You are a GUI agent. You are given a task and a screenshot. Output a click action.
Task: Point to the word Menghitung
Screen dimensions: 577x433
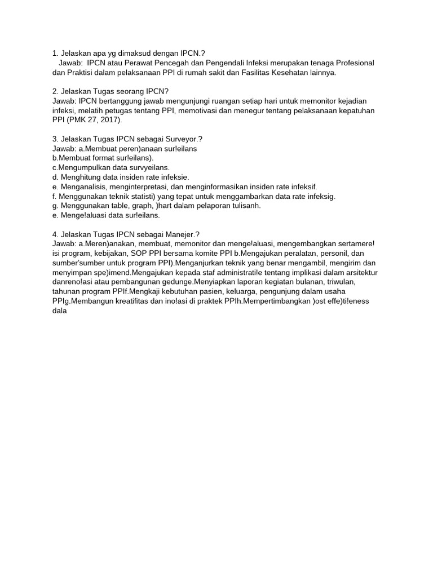[79, 177]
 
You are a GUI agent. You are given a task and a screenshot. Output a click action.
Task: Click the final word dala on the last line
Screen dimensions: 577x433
[59, 311]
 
